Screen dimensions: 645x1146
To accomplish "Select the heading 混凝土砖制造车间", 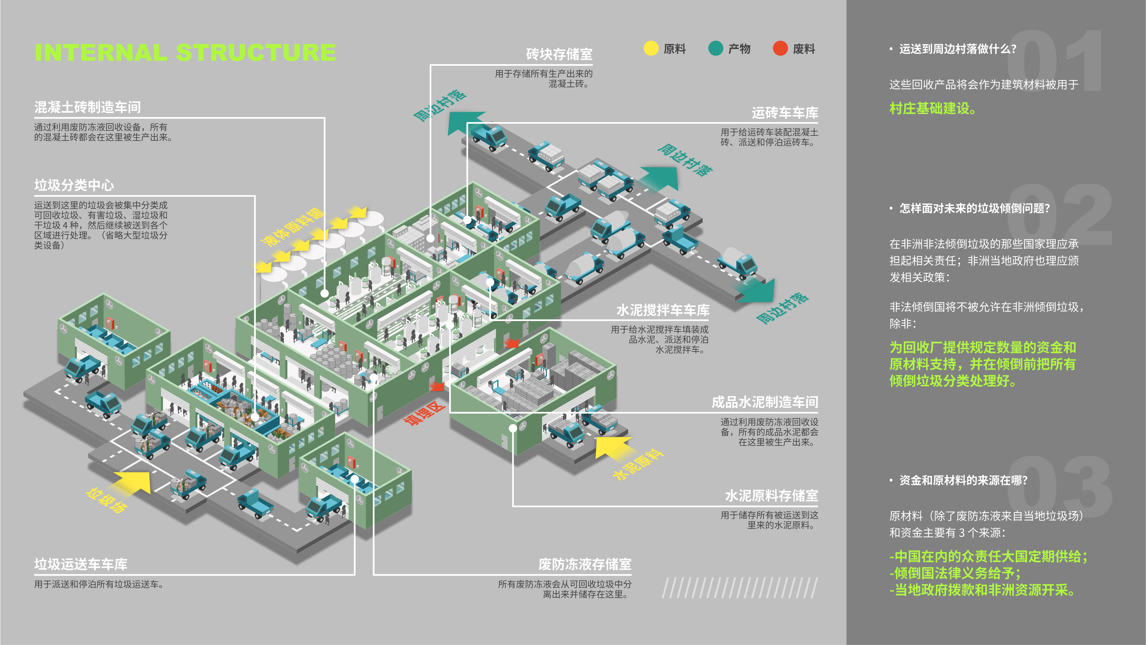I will (x=88, y=107).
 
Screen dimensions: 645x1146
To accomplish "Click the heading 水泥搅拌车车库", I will (x=662, y=310).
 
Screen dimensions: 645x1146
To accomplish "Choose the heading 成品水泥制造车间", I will (x=764, y=402).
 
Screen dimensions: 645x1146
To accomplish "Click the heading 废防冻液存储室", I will (x=584, y=564).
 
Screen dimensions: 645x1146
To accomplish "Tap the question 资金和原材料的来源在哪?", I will (x=963, y=480).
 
